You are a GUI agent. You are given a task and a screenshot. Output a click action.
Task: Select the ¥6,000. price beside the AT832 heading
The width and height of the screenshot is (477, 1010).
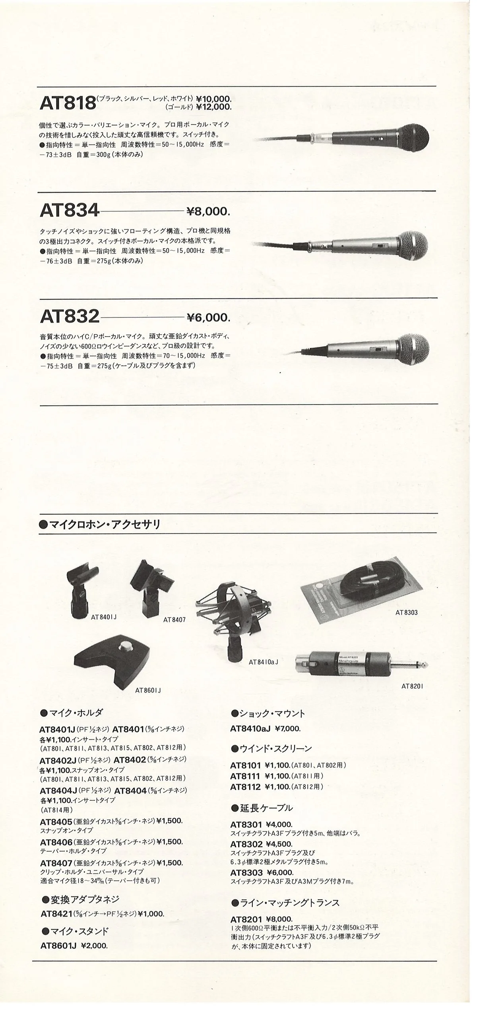pyautogui.click(x=208, y=318)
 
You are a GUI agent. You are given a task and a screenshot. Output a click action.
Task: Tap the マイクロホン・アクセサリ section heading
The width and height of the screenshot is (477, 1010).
pyautogui.click(x=104, y=525)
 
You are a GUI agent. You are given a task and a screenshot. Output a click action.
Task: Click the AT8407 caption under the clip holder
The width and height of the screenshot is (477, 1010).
pyautogui.click(x=175, y=620)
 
